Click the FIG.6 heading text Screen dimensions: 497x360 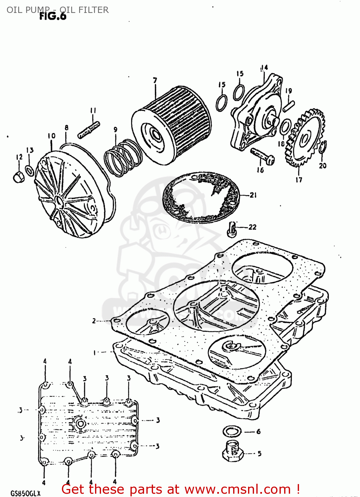click(x=53, y=16)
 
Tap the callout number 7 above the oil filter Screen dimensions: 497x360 click(x=155, y=80)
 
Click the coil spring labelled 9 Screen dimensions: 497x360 click(x=123, y=157)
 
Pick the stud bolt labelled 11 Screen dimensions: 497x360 click(x=89, y=130)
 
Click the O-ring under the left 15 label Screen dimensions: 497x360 click(x=222, y=103)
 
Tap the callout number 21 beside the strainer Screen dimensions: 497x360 click(x=253, y=195)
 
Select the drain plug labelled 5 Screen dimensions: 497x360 click(x=233, y=451)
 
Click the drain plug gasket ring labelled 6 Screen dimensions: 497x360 click(x=232, y=431)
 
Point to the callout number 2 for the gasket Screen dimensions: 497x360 click(x=94, y=321)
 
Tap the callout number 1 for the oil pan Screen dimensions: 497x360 click(x=94, y=353)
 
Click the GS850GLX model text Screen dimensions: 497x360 click(x=26, y=493)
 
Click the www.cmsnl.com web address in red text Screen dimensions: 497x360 click(x=237, y=489)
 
